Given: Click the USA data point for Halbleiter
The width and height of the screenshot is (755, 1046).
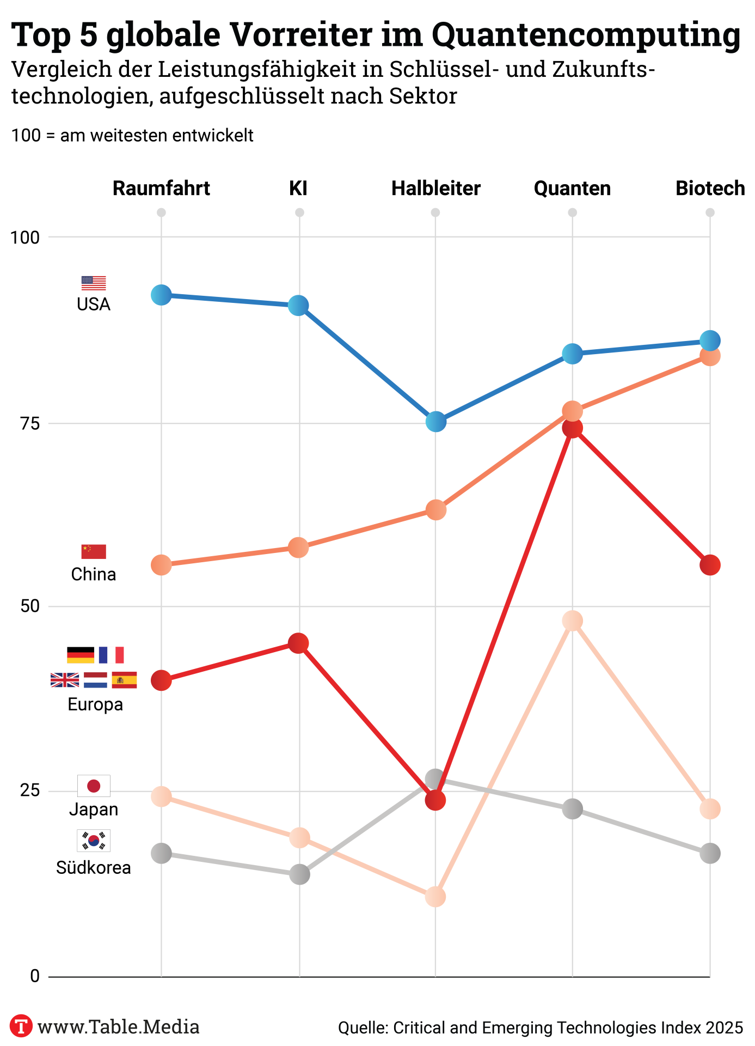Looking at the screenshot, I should (x=435, y=421).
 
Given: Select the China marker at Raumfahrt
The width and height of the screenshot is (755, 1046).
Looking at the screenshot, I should (x=161, y=565).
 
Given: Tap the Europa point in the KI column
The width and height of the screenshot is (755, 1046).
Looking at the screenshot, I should (x=298, y=643).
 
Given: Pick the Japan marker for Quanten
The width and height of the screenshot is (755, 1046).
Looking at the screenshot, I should (x=572, y=621).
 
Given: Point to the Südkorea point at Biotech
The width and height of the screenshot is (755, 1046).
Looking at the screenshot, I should (x=710, y=853).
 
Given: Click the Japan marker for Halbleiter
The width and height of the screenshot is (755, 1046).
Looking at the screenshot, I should (x=435, y=896).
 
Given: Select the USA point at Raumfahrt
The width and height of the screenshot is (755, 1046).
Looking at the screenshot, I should (x=161, y=295).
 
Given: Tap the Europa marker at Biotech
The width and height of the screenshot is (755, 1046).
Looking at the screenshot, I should (x=710, y=565).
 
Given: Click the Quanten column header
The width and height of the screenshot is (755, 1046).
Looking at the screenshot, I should (x=572, y=188).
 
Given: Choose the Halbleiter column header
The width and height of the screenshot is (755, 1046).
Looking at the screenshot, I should (x=435, y=188).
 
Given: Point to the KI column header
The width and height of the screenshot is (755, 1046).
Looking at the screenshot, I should (x=298, y=188).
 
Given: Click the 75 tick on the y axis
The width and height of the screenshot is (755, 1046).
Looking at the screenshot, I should (x=30, y=423).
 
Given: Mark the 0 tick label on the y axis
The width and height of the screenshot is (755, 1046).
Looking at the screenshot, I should (x=35, y=976).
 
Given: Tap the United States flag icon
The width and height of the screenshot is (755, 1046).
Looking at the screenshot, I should (x=94, y=283).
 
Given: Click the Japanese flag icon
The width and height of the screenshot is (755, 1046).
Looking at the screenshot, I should (x=94, y=786).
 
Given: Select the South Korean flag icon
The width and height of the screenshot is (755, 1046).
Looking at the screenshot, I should (x=94, y=840).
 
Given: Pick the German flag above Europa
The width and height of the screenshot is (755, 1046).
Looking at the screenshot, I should (x=81, y=655).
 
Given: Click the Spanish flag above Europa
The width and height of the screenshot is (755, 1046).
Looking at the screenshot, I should (x=124, y=680).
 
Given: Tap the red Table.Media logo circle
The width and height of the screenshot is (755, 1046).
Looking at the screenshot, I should (x=21, y=1026).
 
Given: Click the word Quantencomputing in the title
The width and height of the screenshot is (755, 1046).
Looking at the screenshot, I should (x=586, y=35).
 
